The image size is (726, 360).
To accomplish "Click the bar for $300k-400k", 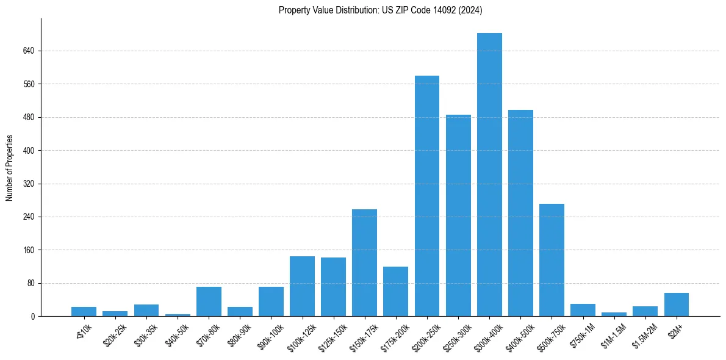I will (489, 175).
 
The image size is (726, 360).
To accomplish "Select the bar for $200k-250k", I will (427, 196).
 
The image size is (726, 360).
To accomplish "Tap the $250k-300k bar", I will (458, 215).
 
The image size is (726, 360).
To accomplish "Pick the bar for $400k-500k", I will (520, 213).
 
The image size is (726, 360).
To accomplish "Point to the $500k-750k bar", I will (552, 260).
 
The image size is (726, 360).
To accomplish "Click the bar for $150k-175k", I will (364, 262).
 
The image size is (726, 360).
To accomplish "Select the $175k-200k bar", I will (395, 291).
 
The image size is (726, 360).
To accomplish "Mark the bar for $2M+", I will (677, 304).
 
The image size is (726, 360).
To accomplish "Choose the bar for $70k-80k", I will (209, 301).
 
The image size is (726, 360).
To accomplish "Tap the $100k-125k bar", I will (302, 286).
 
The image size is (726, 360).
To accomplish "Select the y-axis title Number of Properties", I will (9, 167).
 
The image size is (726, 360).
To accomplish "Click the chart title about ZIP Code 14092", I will (380, 10).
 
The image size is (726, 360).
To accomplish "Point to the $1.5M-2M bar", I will (645, 311).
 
